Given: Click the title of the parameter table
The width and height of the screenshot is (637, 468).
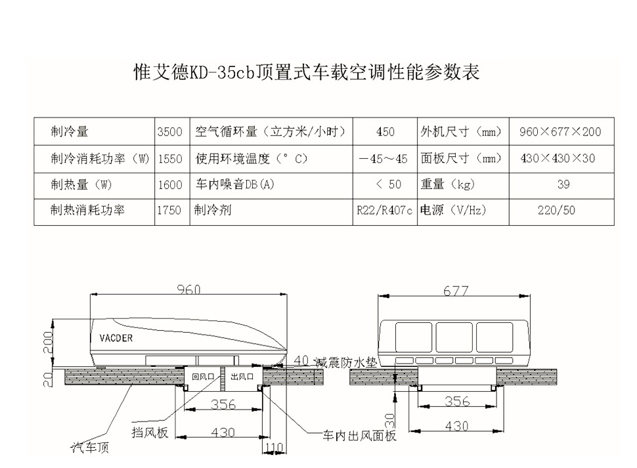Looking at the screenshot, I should tap(306, 72).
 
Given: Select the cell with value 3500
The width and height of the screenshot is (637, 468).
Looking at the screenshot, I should tap(170, 132).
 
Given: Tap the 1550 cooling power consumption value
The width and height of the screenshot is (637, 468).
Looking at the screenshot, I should tap(170, 159).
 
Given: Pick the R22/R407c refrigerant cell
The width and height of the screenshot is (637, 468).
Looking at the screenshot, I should tap(385, 211).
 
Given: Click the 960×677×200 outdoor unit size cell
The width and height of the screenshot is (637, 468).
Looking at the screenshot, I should tap(560, 132).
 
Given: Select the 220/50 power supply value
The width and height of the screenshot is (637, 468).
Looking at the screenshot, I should tap(560, 211).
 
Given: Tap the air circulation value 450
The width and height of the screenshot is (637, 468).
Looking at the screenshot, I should tap(385, 132).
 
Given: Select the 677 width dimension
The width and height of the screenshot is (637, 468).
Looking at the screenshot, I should tap(455, 291).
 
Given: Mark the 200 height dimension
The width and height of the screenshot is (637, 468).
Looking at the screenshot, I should tap(47, 342).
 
